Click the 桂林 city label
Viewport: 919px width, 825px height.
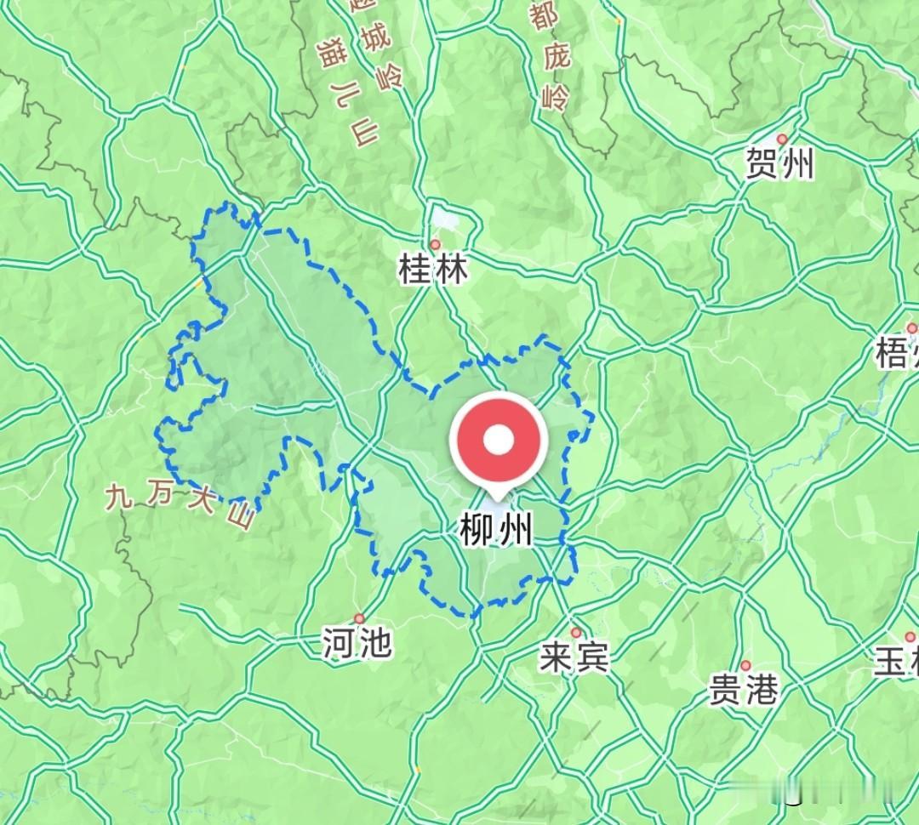(x=433, y=270)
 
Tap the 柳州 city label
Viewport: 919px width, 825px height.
(x=496, y=531)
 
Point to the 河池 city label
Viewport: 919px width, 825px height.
(x=357, y=644)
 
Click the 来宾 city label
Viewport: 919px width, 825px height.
(x=575, y=657)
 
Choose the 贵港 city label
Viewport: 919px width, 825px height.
(x=744, y=689)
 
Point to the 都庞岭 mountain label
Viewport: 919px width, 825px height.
(x=548, y=60)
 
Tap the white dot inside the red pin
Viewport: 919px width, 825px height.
(x=499, y=440)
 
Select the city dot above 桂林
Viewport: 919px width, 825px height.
(x=435, y=245)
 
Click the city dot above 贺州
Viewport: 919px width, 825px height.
(x=782, y=139)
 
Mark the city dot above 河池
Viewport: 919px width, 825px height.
(x=359, y=618)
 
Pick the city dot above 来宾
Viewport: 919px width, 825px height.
(x=576, y=633)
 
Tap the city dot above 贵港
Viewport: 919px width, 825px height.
(x=745, y=665)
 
